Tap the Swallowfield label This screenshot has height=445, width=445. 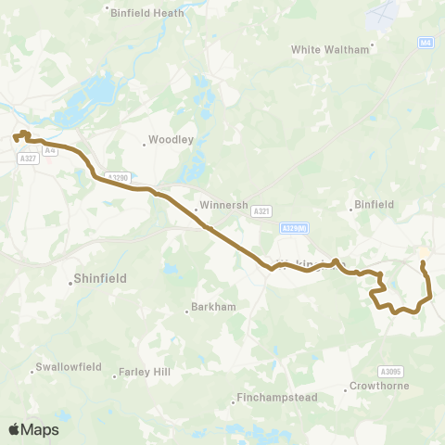tap(68, 366)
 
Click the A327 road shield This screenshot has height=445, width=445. tap(28, 159)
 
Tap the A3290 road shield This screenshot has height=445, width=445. tap(117, 177)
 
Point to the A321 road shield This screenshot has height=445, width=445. tap(261, 211)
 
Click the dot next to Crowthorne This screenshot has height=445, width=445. tap(346, 389)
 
